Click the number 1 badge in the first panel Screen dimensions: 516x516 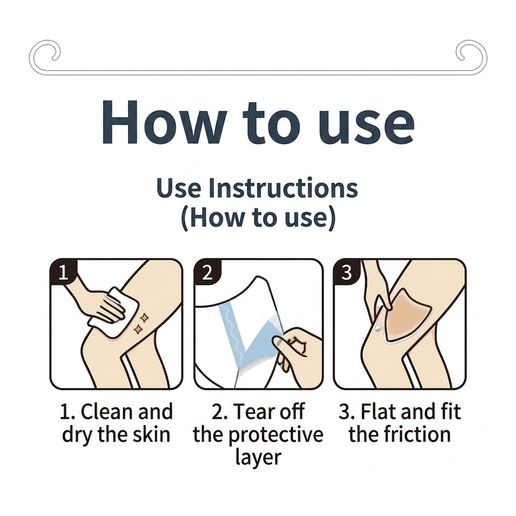coord(63,272)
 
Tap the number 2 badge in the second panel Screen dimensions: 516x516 coord(207,272)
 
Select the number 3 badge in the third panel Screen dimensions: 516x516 coord(346,272)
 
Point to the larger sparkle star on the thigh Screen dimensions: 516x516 coord(144,317)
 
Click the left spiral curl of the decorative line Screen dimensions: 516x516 coord(45,54)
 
